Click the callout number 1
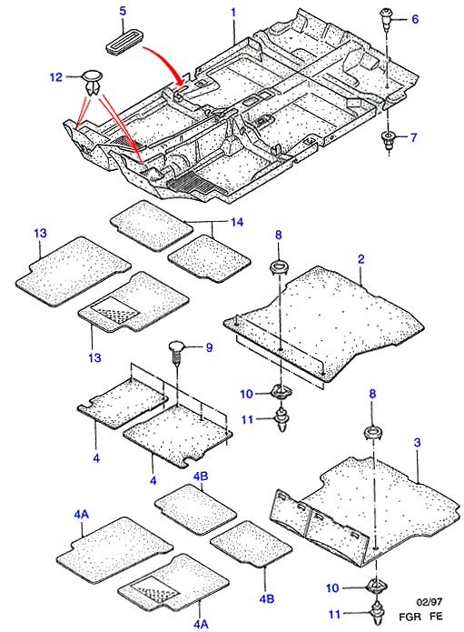click(x=233, y=12)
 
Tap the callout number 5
click(x=123, y=11)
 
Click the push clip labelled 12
click(x=93, y=82)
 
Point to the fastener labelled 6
click(x=386, y=19)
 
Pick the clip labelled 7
click(x=388, y=141)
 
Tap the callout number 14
click(x=237, y=222)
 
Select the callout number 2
click(x=360, y=259)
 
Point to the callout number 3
click(x=417, y=443)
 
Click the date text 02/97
click(x=429, y=602)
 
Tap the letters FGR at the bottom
click(x=410, y=617)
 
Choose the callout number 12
click(x=56, y=76)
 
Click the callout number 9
click(x=209, y=347)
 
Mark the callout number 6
click(x=415, y=19)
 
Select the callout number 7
click(x=414, y=137)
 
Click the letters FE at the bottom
click(x=436, y=617)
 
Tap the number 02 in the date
click(x=421, y=602)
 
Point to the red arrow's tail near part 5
click(x=143, y=47)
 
